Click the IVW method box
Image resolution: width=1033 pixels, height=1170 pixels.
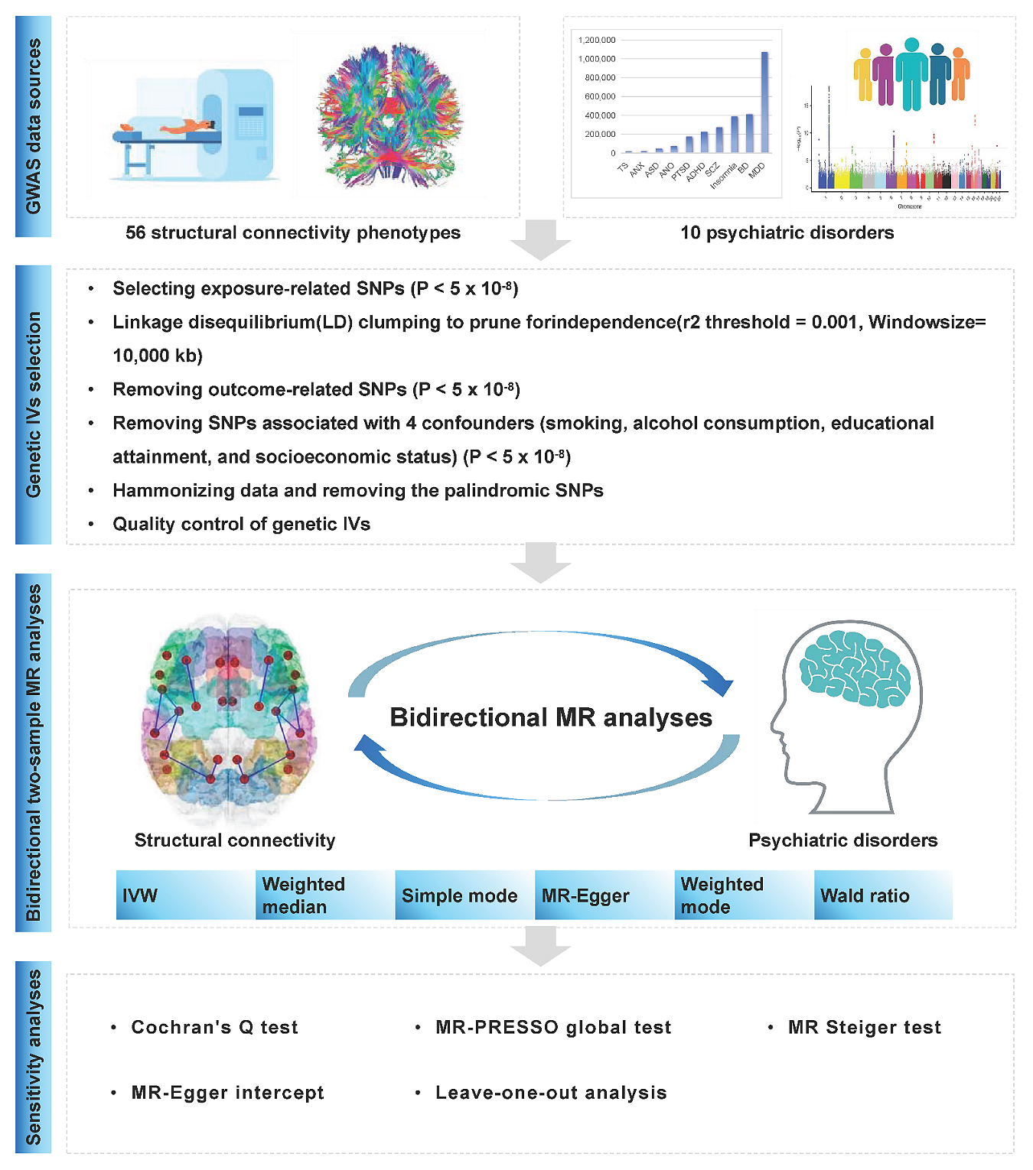pyautogui.click(x=185, y=895)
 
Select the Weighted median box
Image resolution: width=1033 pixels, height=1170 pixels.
pyautogui.click(x=324, y=895)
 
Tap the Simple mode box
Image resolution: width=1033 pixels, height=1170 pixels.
pyautogui.click(x=464, y=895)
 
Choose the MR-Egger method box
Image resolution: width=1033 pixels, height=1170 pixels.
pyautogui.click(x=604, y=895)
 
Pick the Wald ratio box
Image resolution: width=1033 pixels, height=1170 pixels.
pyautogui.click(x=882, y=895)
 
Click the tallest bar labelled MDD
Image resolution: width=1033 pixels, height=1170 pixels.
pyautogui.click(x=764, y=102)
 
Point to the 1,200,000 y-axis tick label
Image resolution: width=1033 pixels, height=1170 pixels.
pyautogui.click(x=597, y=40)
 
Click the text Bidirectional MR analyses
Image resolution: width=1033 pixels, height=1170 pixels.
pyautogui.click(x=551, y=717)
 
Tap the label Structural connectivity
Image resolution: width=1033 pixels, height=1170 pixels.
pyautogui.click(x=235, y=840)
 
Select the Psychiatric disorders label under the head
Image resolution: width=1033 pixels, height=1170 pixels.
pyautogui.click(x=842, y=840)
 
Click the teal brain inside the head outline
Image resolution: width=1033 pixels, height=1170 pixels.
pyautogui.click(x=854, y=667)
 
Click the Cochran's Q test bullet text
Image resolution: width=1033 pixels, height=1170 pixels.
pyautogui.click(x=214, y=1027)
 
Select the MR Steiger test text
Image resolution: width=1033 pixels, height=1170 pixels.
pyautogui.click(x=864, y=1027)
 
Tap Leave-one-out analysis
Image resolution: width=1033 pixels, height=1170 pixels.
pyautogui.click(x=551, y=1093)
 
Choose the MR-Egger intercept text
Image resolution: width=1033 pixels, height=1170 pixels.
pyautogui.click(x=227, y=1093)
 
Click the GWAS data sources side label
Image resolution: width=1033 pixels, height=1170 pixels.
pyautogui.click(x=33, y=126)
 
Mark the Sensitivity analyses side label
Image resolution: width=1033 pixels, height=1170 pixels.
pyautogui.click(x=33, y=1056)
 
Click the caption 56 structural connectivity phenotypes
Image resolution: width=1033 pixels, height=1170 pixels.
pyautogui.click(x=293, y=232)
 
